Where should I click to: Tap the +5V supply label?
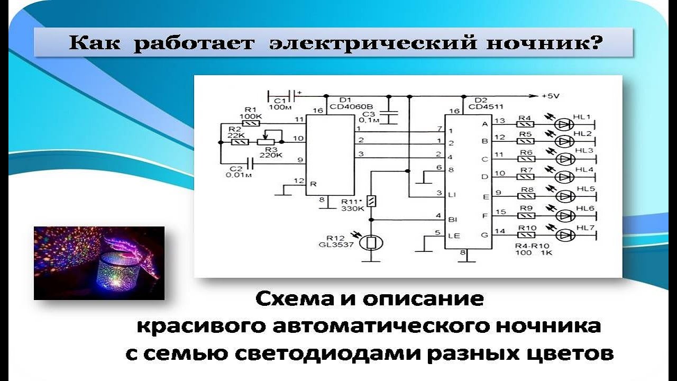550,96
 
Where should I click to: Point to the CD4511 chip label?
486,107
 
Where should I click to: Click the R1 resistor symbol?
251,123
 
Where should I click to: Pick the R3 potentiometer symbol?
266,142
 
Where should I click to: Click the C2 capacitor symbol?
250,164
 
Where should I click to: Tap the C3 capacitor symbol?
389,117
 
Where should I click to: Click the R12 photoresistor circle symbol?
371,242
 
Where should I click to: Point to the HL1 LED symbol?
564,124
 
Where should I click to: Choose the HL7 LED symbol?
565,234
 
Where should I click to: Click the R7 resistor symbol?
526,177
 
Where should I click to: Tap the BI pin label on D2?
452,220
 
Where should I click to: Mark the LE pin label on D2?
454,236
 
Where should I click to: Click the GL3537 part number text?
336,244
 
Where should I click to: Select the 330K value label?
352,208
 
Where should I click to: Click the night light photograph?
99,263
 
